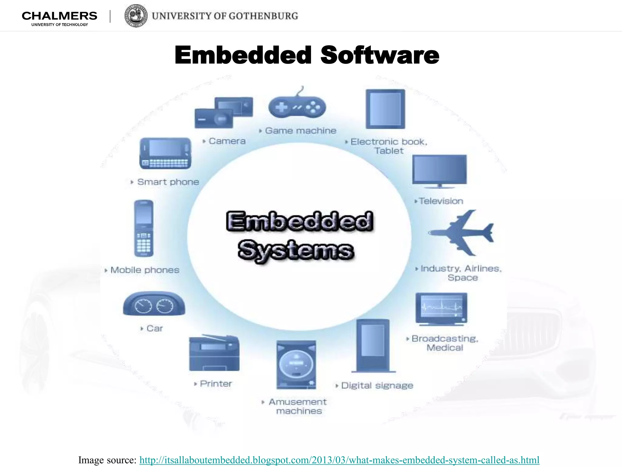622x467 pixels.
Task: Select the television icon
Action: click(x=439, y=170)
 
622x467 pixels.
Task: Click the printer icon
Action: click(x=214, y=353)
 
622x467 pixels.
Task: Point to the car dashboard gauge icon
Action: click(x=154, y=304)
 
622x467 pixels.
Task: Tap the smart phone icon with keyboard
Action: click(x=166, y=154)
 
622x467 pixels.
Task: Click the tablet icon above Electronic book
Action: click(x=385, y=109)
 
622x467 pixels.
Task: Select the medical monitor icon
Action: click(x=441, y=309)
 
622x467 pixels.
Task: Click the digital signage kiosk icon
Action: click(x=373, y=345)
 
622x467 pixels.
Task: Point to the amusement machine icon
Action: click(x=296, y=365)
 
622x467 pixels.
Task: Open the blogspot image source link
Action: click(x=339, y=460)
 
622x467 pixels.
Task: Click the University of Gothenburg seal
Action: click(x=136, y=16)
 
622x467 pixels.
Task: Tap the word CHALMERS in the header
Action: click(x=60, y=16)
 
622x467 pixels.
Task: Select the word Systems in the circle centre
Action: click(x=296, y=250)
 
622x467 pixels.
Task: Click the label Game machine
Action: click(x=300, y=131)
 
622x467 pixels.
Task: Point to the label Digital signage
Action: click(x=377, y=386)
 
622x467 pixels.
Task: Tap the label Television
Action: click(x=441, y=201)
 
